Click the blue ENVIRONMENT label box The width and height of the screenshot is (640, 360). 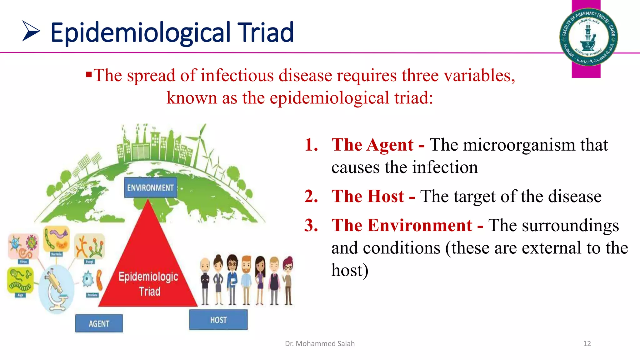tap(150, 187)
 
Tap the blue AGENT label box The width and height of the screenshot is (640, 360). tap(99, 323)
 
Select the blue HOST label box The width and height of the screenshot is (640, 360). tap(218, 320)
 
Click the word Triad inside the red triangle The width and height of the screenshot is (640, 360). tap(149, 292)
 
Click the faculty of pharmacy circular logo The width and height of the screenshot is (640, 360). tap(588, 37)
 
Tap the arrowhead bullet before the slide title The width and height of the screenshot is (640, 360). tap(31, 31)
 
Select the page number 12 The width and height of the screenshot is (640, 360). tap(587, 344)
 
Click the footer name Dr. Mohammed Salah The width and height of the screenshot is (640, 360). tap(320, 344)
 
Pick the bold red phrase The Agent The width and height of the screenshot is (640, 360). tap(372, 145)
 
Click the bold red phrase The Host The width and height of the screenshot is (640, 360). tap(368, 197)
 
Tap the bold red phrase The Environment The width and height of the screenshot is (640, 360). tap(402, 225)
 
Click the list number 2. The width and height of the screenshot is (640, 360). tap(311, 197)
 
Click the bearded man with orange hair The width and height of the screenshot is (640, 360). tap(246, 280)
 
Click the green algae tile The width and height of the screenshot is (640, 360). tap(20, 280)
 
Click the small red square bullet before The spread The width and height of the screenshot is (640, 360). tap(89, 75)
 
